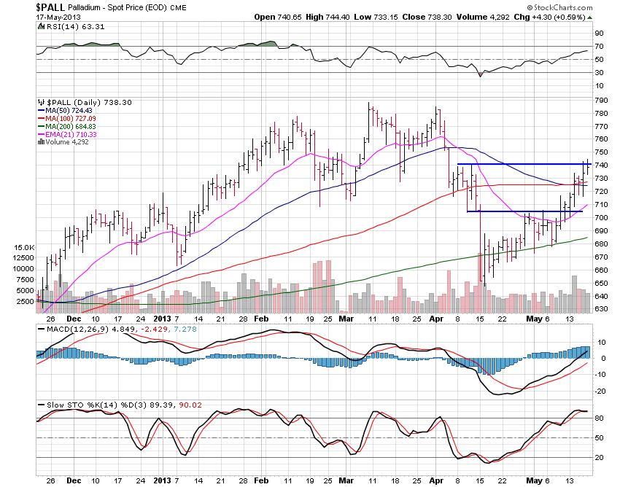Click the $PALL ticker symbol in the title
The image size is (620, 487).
point(51,6)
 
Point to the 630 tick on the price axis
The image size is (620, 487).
point(602,309)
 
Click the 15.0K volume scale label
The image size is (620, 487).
point(25,248)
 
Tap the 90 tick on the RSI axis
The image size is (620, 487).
point(600,33)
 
